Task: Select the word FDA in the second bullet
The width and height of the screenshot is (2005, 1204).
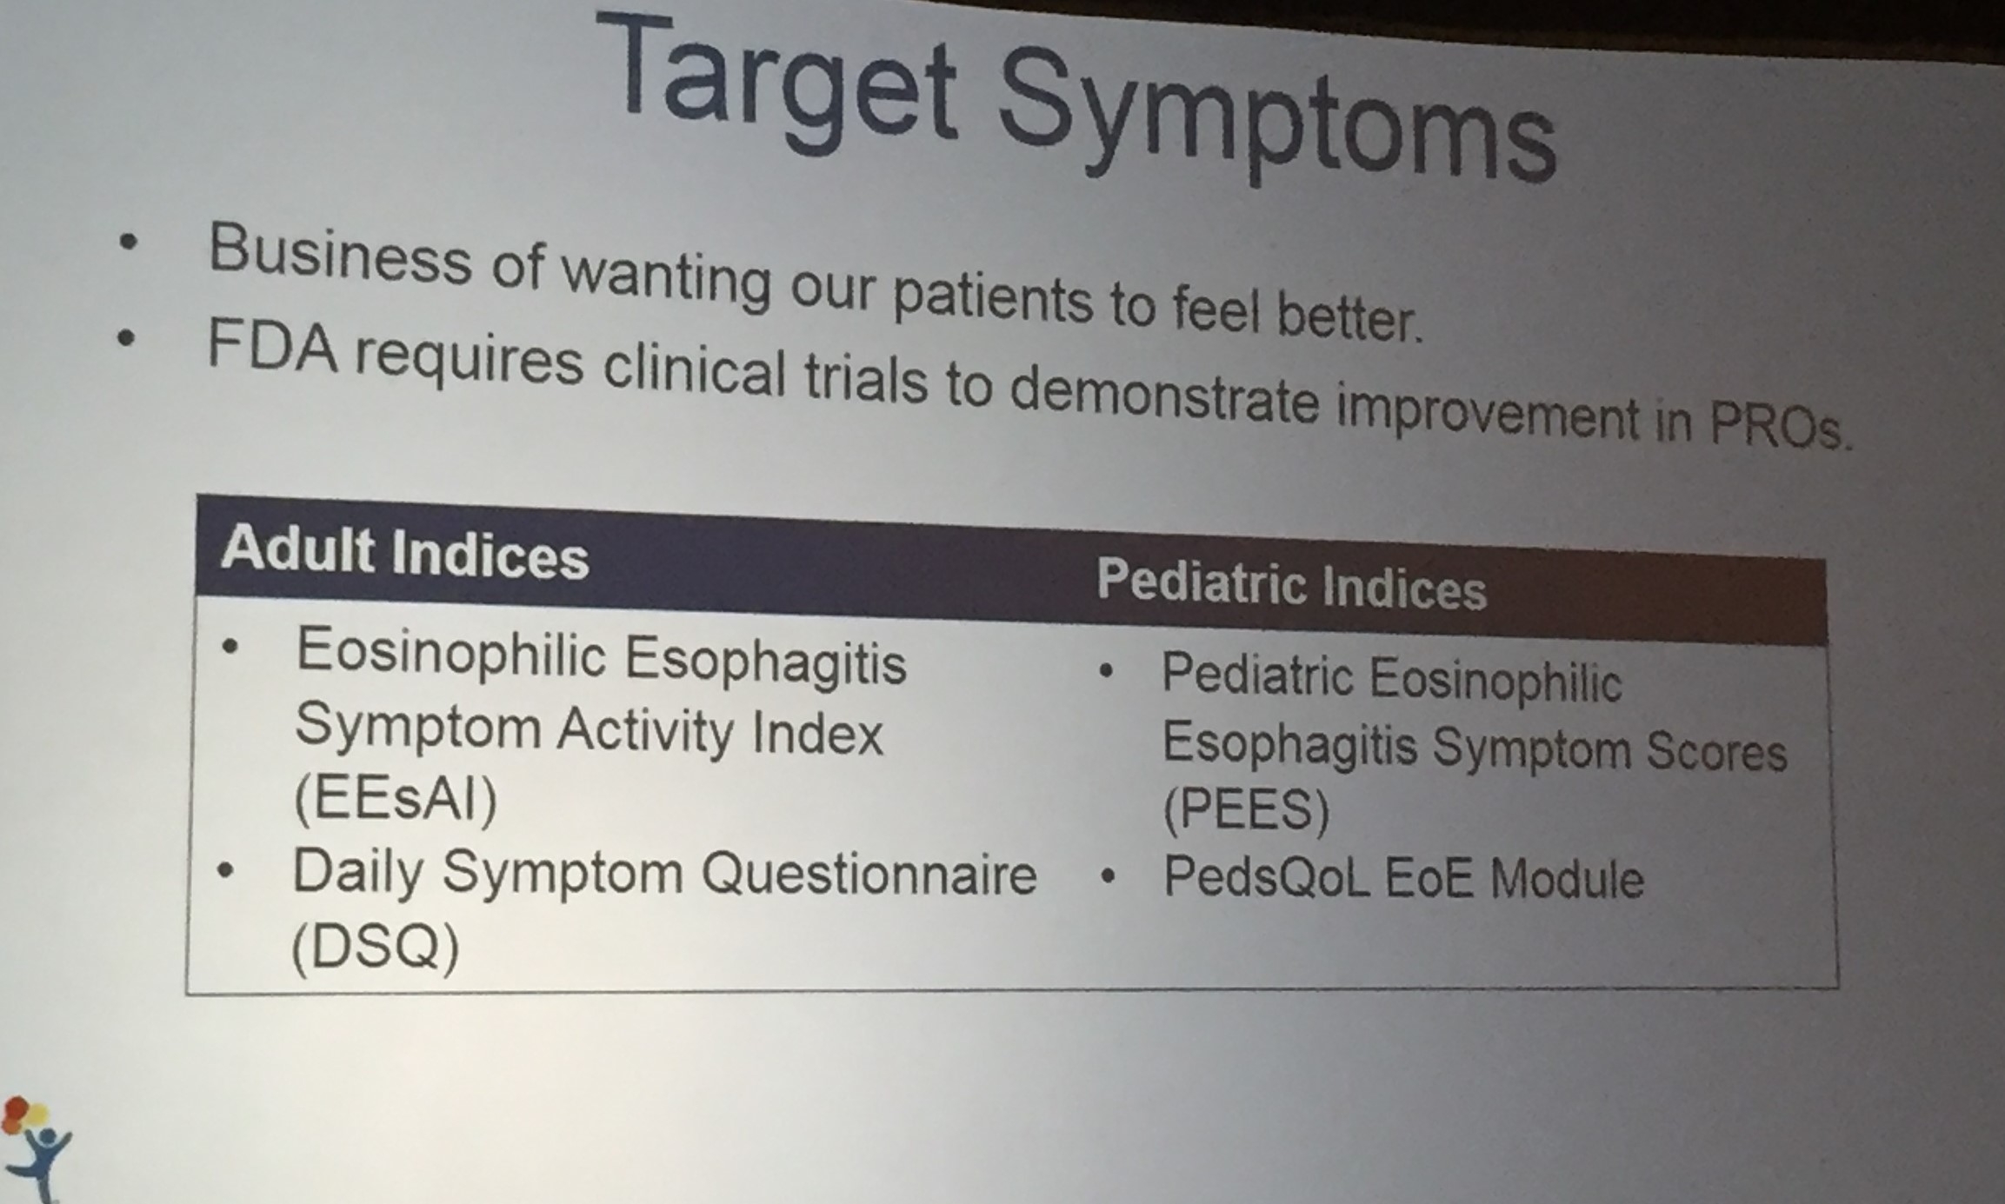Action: pos(272,345)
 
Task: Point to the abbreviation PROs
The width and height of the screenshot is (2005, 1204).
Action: pos(1779,422)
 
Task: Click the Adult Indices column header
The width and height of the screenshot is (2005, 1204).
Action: pos(405,554)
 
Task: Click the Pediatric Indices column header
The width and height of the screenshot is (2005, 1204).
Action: pos(1292,584)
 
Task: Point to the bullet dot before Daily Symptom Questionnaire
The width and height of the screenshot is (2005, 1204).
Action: pos(226,870)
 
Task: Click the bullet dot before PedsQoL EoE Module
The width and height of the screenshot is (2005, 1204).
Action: pos(1107,877)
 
